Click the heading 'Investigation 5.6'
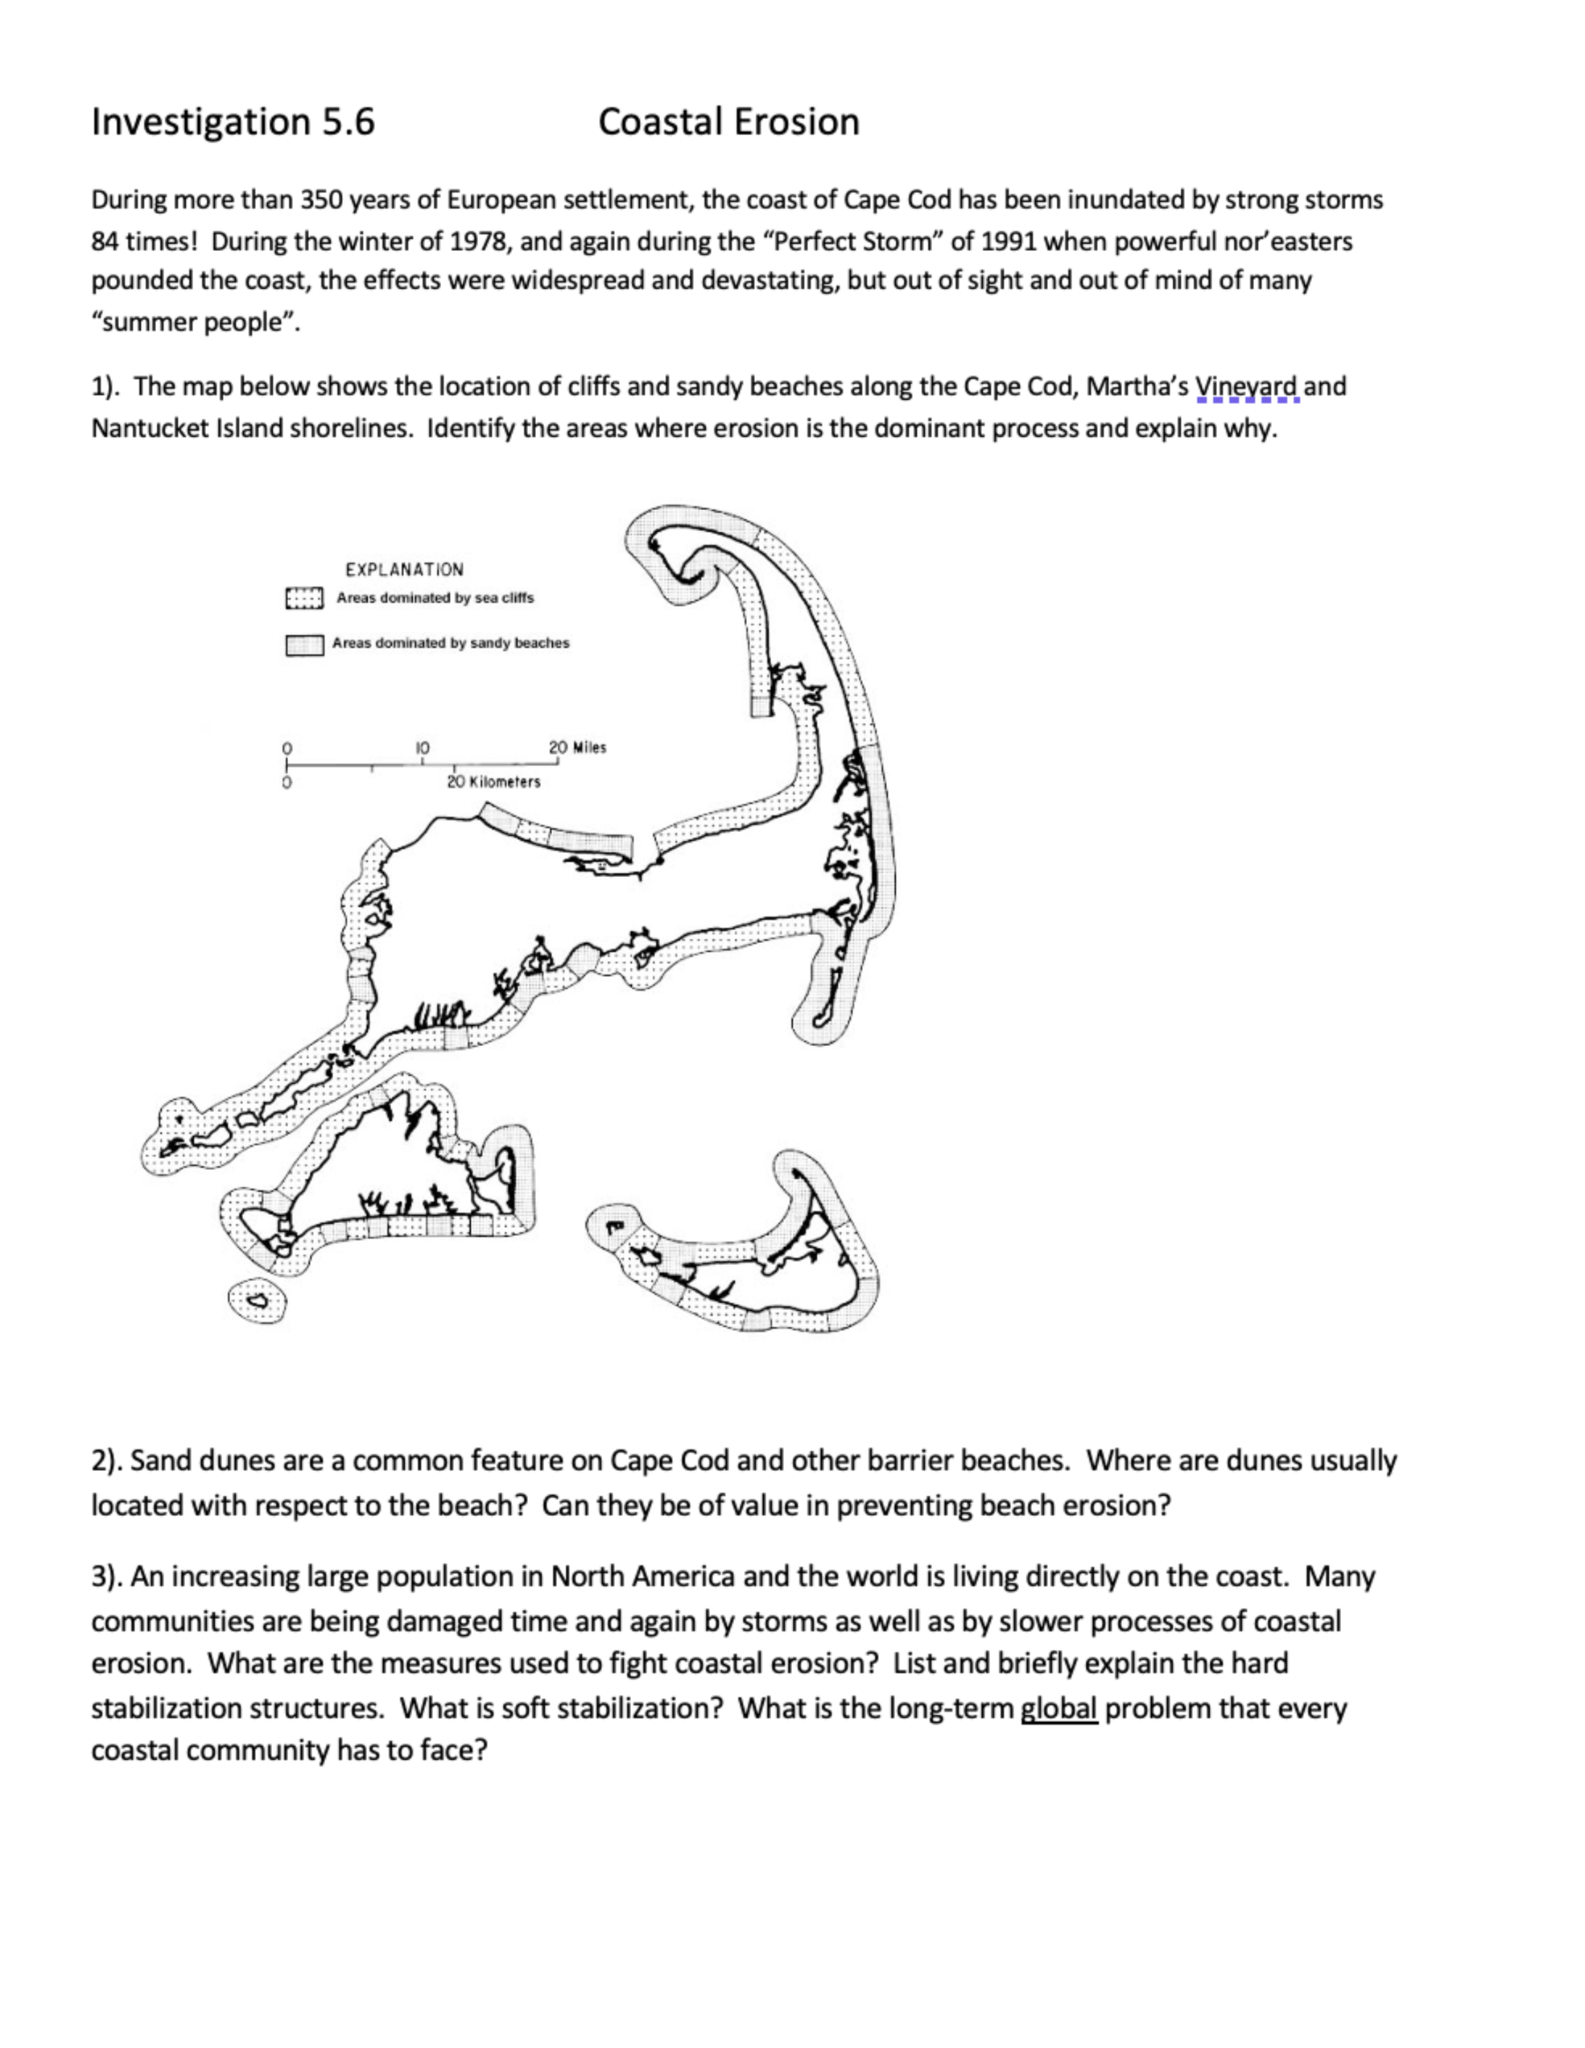pos(233,122)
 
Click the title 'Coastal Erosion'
pos(729,122)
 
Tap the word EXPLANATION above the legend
pos(404,569)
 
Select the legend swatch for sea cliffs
pos(303,598)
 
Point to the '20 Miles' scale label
pos(578,748)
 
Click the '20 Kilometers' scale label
pos(493,782)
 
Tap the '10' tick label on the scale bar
pos(422,748)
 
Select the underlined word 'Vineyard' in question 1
pos(1246,386)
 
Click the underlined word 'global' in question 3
pos(1059,1708)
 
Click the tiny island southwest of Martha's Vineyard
pos(257,1301)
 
